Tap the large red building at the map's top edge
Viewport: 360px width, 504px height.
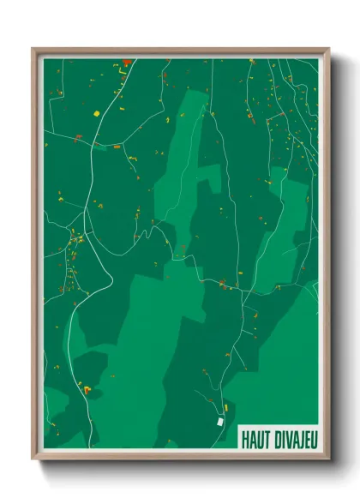pyautogui.click(x=127, y=62)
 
